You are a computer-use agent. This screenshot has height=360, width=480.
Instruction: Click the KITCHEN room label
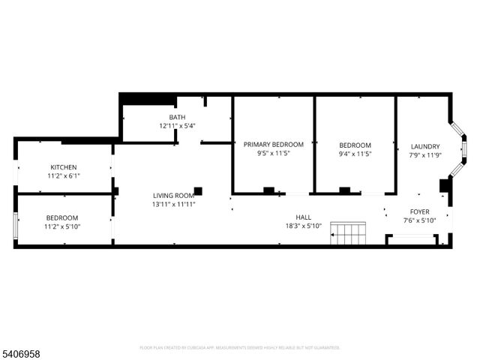[x=64, y=167]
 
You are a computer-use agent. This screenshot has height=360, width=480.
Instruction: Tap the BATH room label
[x=177, y=117]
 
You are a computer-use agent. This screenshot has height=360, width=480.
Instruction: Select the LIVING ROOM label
[x=174, y=195]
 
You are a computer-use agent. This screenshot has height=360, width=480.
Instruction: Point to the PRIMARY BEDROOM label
[x=273, y=145]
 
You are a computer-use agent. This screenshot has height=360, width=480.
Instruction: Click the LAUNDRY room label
[x=425, y=146]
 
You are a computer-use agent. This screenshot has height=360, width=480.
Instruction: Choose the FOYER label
[x=419, y=211]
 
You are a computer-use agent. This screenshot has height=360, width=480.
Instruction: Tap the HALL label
[x=303, y=217]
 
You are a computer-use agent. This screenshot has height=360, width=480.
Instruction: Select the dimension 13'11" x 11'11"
[x=174, y=204]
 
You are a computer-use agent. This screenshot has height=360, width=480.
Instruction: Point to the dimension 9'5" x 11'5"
[x=273, y=154]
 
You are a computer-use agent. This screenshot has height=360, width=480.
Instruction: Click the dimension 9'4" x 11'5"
[x=355, y=154]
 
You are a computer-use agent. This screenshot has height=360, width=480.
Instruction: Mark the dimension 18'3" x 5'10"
[x=303, y=226]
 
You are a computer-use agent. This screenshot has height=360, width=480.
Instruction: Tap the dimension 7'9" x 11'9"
[x=425, y=155]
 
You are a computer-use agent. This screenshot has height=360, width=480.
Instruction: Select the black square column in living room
[x=198, y=190]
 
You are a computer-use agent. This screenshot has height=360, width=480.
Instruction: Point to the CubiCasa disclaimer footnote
[x=240, y=347]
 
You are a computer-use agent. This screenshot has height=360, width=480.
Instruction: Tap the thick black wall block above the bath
[x=148, y=100]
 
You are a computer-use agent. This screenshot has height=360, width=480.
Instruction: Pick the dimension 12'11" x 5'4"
[x=177, y=126]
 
